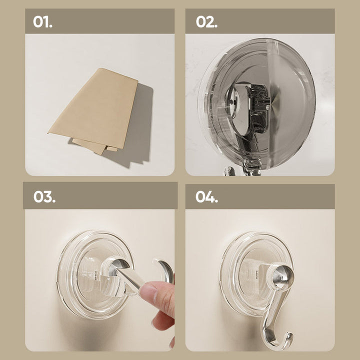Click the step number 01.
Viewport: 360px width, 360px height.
tap(42, 22)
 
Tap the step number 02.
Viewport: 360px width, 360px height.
tap(206, 22)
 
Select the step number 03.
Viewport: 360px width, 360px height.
tap(44, 197)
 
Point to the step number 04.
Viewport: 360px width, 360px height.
tap(206, 197)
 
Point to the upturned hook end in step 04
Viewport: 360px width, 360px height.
tap(287, 339)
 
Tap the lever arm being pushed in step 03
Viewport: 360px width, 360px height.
tap(128, 278)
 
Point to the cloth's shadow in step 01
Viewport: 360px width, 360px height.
tap(138, 128)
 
